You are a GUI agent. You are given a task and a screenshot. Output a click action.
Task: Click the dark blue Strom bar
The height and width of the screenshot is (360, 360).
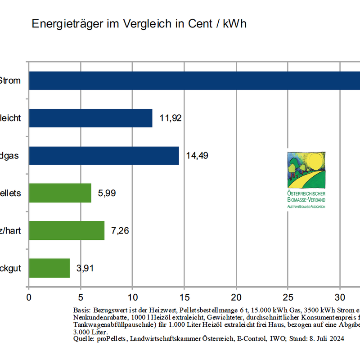point(193,81)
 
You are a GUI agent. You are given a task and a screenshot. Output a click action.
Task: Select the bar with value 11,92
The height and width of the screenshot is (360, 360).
point(90,118)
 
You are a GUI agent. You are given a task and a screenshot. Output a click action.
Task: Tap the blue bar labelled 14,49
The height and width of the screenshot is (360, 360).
point(104,156)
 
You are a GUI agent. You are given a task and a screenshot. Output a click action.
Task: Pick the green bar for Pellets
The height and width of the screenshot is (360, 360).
point(60,193)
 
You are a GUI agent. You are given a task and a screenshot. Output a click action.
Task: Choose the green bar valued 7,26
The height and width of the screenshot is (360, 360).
point(67,230)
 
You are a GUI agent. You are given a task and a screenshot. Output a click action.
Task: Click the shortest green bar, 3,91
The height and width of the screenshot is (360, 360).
point(49,268)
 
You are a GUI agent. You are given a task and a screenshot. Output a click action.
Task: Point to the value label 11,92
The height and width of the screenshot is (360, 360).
point(171,119)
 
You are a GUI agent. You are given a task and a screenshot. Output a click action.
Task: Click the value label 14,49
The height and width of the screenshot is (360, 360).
point(197,156)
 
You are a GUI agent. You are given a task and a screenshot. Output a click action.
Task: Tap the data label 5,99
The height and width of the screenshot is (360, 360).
point(107,193)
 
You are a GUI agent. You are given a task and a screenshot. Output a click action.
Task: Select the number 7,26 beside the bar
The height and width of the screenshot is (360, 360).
point(120,231)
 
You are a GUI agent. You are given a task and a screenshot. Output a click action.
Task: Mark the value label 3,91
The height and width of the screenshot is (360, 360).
point(85,268)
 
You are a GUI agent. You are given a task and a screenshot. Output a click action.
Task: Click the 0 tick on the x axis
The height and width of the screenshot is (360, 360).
point(29,297)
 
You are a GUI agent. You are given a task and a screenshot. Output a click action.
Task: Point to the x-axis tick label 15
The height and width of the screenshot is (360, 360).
point(184,297)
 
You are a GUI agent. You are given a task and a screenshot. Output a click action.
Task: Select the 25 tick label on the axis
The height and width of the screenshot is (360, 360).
point(288,297)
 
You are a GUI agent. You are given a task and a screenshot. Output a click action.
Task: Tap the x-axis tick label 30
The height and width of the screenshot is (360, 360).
point(340,297)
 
